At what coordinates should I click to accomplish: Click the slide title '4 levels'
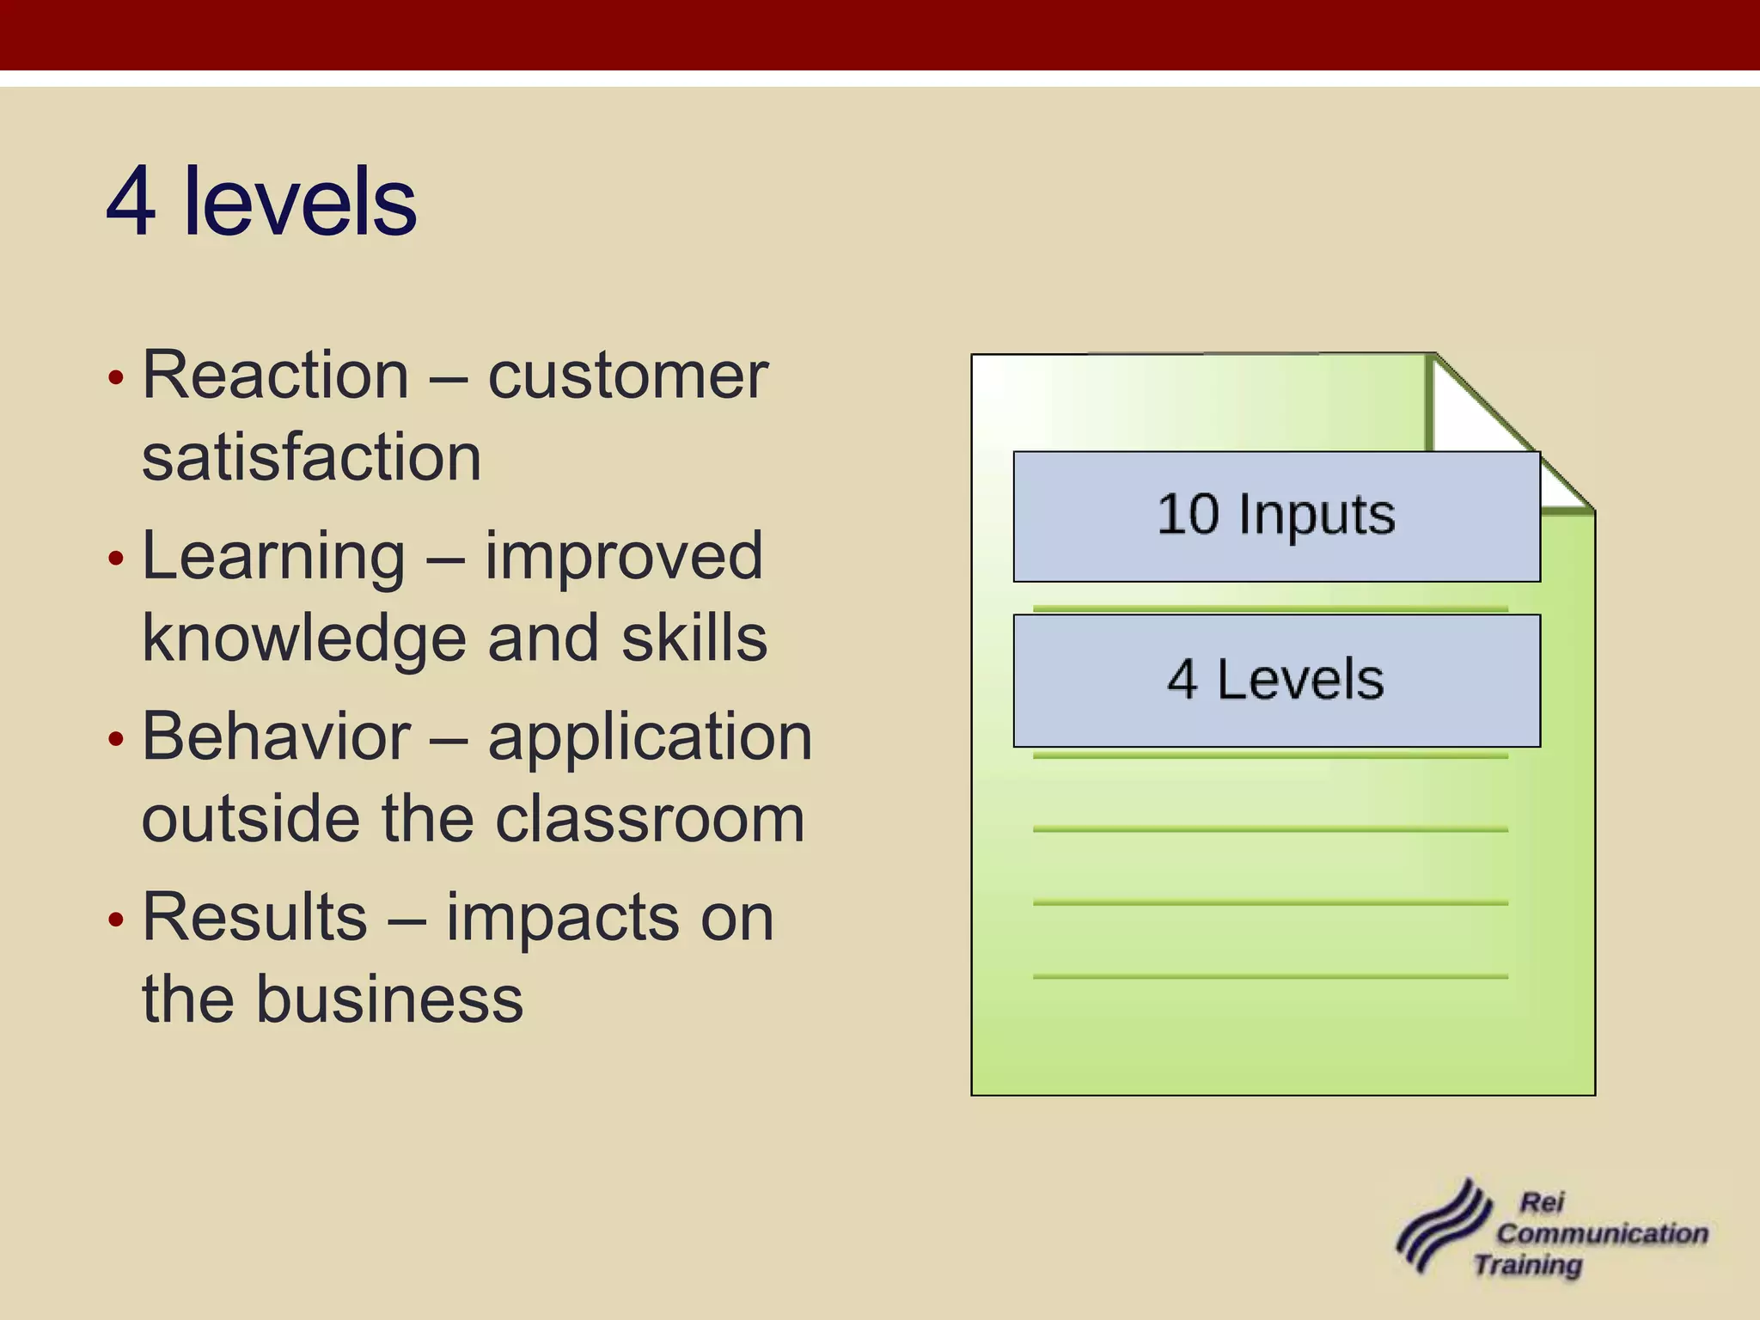[261, 202]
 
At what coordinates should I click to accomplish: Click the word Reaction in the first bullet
[275, 376]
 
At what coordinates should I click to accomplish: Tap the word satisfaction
[311, 457]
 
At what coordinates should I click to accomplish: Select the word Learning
[273, 556]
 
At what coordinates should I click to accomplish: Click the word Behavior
[276, 736]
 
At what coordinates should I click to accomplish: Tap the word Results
[254, 917]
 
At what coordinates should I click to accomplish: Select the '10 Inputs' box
[1275, 516]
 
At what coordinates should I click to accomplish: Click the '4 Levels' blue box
[1275, 680]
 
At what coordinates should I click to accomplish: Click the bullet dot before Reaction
[117, 377]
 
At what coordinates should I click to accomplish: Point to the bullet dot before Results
[117, 920]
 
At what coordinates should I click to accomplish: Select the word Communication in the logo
[1602, 1233]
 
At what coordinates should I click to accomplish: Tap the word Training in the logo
[1527, 1265]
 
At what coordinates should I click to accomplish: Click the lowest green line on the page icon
[1270, 976]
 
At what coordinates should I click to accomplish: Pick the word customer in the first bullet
[627, 376]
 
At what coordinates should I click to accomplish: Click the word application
[650, 736]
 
